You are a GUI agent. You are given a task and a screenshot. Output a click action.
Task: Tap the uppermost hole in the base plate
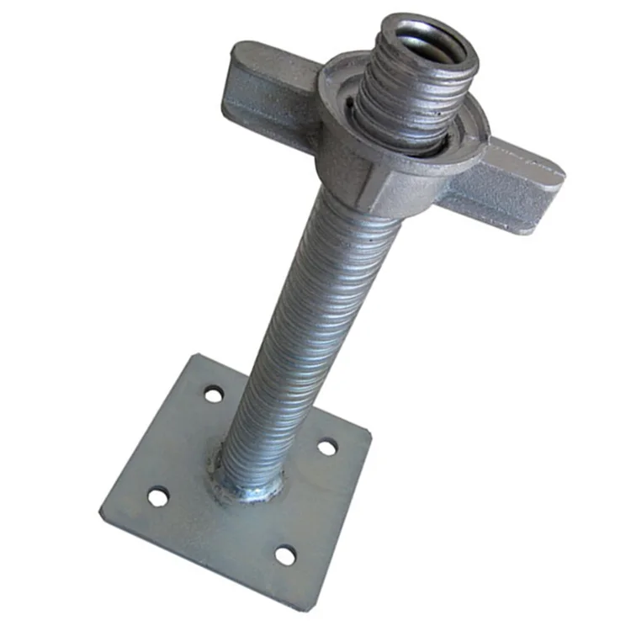point(214,393)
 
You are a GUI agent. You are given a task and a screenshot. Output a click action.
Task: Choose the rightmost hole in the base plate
point(326,447)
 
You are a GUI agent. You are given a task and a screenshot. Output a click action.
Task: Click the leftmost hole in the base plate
point(157,497)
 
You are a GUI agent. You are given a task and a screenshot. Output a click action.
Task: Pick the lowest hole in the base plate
point(285,556)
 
